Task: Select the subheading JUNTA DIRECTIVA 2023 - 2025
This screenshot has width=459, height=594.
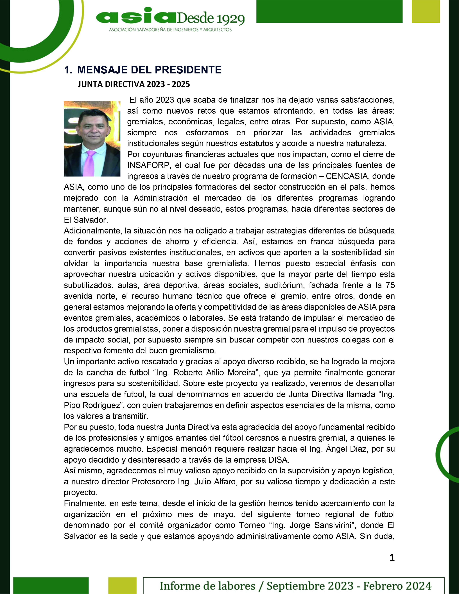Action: coord(134,84)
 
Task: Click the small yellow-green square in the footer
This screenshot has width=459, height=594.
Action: coord(122,585)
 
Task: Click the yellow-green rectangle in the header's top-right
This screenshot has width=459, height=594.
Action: coord(426,11)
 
